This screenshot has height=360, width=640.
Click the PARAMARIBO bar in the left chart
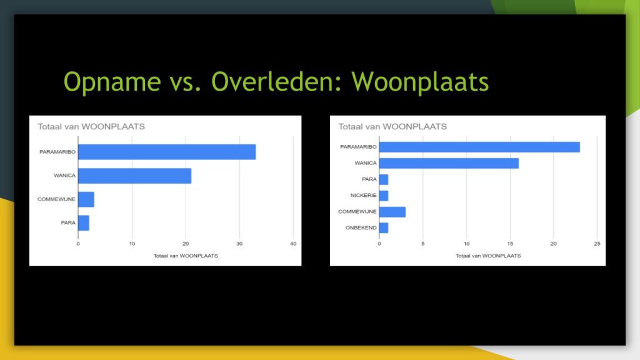coord(167,152)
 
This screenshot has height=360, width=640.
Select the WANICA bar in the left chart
coord(135,176)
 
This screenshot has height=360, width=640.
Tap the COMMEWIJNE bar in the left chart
coord(86,199)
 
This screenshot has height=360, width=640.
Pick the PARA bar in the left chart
coord(84,223)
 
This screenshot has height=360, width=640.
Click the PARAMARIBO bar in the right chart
coord(479,147)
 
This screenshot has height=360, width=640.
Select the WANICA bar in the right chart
coord(449,163)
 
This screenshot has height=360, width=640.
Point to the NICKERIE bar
coord(384,196)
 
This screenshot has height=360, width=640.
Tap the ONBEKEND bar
coord(384,227)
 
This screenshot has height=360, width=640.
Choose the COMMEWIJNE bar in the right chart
coord(392,212)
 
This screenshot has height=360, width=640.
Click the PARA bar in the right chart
coord(384,179)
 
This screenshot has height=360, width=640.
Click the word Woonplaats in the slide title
coord(419,82)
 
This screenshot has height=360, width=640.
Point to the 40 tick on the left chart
coord(293,244)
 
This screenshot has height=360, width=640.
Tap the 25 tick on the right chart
coord(597,244)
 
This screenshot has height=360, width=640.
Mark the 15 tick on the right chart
coord(510,244)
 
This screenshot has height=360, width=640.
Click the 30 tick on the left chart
coord(239,244)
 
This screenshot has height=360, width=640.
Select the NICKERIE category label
coord(363,196)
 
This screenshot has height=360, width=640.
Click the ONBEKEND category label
coord(361,227)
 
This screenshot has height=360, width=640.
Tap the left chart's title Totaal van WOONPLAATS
coord(91,126)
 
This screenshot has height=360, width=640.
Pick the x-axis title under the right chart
coord(488,256)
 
